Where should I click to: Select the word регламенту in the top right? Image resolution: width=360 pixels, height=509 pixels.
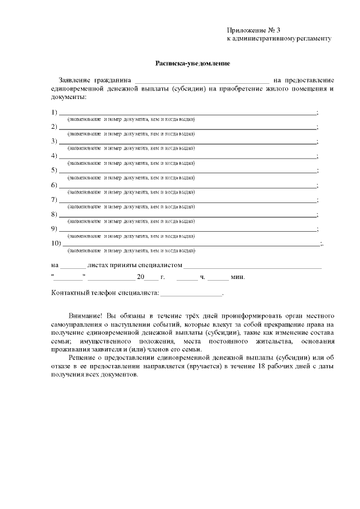coord(313,39)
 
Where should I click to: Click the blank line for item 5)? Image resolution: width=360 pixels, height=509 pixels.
coord(188,170)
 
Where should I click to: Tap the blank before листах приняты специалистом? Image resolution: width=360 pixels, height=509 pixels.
coord(73,265)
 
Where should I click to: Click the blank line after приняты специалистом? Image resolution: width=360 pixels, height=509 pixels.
coord(253,265)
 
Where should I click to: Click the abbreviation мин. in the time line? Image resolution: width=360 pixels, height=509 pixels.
coord(238,277)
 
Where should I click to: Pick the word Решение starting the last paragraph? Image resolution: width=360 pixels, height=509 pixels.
coord(83,358)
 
